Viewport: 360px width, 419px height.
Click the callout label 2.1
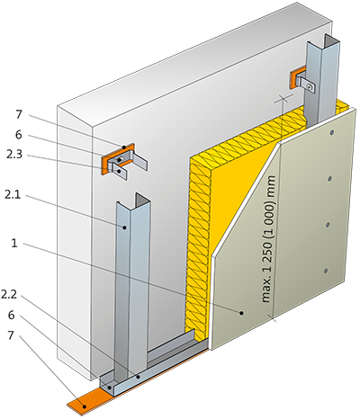tap(13, 195)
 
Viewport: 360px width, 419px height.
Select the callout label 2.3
tap(14, 155)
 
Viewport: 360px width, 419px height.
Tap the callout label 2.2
tap(9, 295)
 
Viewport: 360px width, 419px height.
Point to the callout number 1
tap(14, 243)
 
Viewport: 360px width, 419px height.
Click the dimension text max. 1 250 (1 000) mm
tap(268, 238)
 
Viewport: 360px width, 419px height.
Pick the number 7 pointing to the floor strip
tap(11, 335)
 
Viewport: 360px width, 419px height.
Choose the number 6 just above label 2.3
tap(19, 135)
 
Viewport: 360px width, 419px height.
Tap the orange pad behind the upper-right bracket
tap(294, 78)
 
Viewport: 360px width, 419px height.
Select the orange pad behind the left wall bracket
tap(118, 157)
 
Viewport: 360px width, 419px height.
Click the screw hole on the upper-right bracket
tap(309, 86)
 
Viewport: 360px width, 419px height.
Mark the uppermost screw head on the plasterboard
tap(332, 132)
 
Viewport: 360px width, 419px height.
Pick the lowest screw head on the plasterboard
tap(326, 271)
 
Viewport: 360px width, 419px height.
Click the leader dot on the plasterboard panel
tap(241, 313)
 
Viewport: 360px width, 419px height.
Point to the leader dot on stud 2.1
tap(124, 227)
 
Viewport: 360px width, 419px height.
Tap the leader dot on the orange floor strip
tap(85, 406)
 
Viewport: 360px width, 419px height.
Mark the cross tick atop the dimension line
tap(282, 99)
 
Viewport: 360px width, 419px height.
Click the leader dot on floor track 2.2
tap(138, 377)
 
